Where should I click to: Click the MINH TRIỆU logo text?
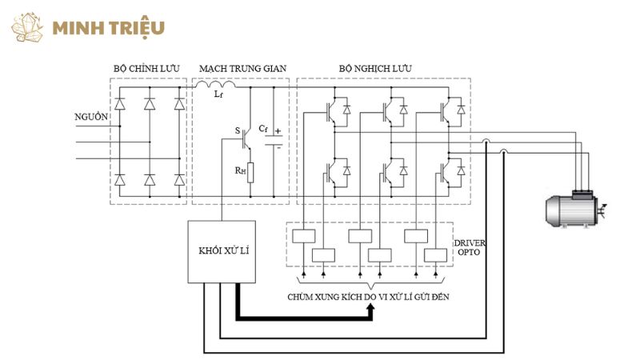pos(108,27)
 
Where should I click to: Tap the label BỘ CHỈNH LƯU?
pos(149,69)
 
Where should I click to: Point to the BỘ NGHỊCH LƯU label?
pos(375,69)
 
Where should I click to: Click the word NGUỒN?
pos(90,117)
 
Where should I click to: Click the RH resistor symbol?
pos(250,171)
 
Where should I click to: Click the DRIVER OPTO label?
pos(470,247)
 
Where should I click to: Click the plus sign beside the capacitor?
pos(278,131)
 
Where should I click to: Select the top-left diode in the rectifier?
pos(120,104)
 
